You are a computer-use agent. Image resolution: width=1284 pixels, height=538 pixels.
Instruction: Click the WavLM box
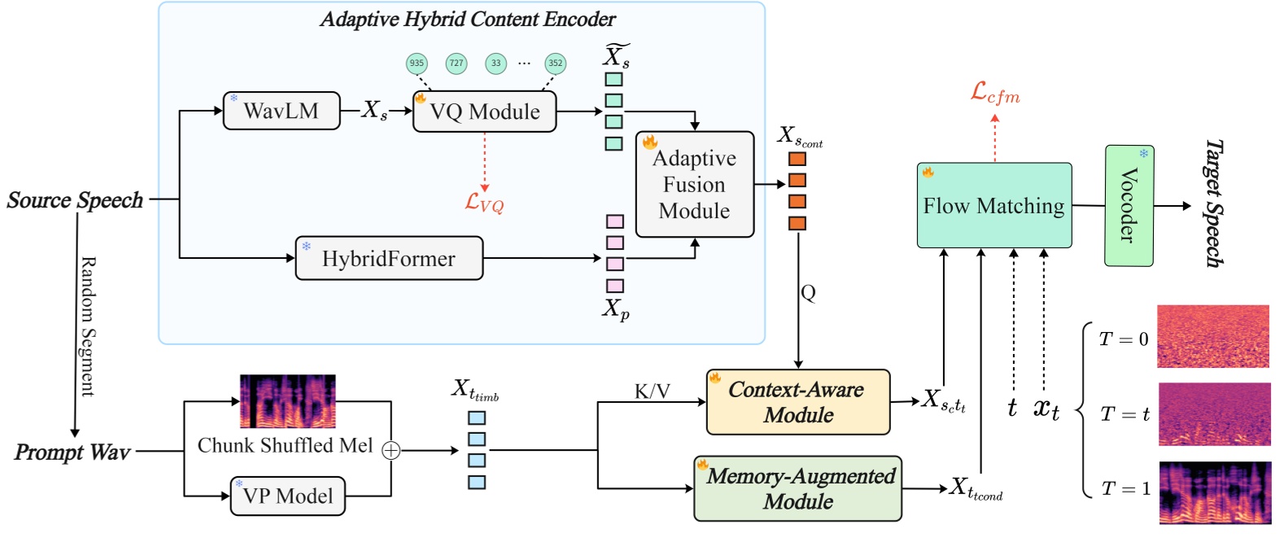[x=282, y=111]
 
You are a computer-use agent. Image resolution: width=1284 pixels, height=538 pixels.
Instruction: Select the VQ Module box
[x=484, y=112]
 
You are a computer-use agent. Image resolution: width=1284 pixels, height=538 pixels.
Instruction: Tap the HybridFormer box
[x=389, y=259]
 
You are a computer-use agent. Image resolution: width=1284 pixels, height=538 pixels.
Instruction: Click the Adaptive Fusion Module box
[x=694, y=185]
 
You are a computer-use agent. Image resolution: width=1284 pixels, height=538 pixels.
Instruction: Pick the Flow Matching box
[x=994, y=206]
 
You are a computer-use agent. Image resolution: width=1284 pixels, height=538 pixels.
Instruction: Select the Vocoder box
[x=1129, y=205]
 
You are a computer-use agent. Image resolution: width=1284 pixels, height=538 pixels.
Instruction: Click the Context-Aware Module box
[x=797, y=402]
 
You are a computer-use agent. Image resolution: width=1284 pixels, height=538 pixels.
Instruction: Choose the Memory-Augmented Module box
[x=797, y=488]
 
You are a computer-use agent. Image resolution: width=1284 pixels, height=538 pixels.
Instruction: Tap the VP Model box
[x=288, y=496]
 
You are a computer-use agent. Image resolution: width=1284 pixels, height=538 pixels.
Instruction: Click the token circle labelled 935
[x=417, y=63]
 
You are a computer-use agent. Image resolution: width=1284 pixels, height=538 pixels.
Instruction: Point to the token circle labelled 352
[x=555, y=63]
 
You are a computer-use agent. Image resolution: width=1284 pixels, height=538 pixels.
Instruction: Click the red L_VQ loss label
[x=484, y=203]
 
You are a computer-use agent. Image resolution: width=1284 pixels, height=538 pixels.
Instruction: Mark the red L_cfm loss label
[x=994, y=94]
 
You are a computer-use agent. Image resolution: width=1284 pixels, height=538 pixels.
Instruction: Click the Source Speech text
[x=75, y=200]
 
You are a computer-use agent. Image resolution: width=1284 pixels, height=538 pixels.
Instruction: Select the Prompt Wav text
[x=72, y=453]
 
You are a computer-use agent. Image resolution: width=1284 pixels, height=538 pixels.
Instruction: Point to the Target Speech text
[x=1213, y=203]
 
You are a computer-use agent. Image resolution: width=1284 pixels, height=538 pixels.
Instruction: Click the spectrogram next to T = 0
[x=1212, y=336]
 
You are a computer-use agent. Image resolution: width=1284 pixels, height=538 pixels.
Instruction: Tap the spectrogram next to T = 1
[x=1214, y=492]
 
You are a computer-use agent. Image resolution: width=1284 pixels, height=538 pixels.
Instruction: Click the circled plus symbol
[x=391, y=450]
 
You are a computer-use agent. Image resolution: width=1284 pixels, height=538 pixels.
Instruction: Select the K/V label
[x=652, y=391]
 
